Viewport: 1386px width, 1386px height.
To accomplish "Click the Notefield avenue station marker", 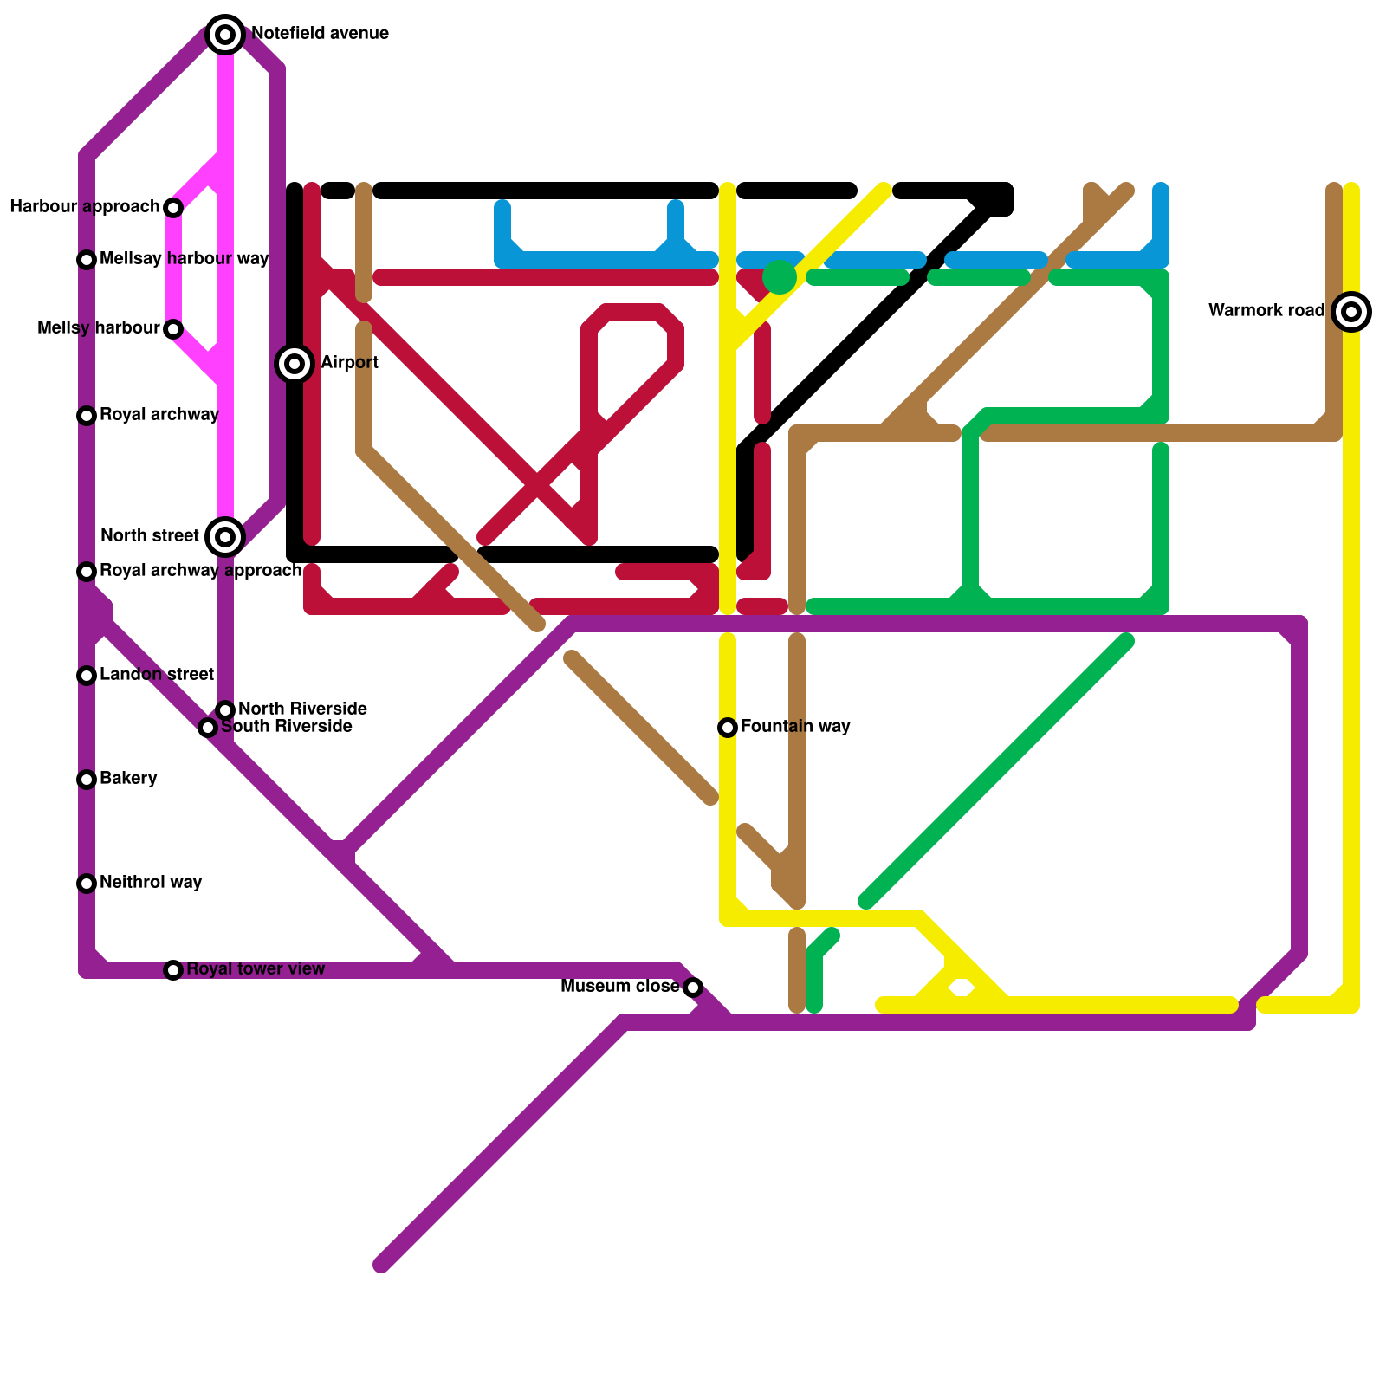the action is (225, 35).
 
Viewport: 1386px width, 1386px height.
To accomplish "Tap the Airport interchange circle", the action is (295, 364).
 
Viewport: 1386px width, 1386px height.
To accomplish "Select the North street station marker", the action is (225, 537).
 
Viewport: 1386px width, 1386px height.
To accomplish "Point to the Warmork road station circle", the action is (1351, 312).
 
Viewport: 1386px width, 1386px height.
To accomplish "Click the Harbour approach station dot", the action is (173, 208).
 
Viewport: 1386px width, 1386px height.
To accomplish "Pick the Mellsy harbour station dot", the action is (173, 329).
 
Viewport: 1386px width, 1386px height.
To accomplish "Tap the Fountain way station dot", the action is (728, 728).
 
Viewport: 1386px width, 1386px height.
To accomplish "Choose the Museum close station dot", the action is (693, 988).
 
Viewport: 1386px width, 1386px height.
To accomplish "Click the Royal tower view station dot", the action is (173, 970).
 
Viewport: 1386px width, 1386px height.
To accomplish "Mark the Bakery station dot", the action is (87, 780).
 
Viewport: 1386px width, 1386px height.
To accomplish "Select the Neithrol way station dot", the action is (87, 884).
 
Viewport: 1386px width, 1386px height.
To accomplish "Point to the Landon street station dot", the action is (87, 676).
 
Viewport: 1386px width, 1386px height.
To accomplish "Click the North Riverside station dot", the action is (225, 710).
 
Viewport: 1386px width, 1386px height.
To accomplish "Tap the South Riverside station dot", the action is (208, 728).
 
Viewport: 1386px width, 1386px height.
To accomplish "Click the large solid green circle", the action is (780, 277).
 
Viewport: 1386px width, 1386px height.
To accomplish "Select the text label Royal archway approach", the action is (200, 571).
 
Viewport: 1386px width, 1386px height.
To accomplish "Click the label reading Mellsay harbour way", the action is (184, 259).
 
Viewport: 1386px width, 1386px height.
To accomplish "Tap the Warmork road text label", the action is (1266, 311).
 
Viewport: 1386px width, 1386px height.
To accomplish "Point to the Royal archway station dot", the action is (87, 416).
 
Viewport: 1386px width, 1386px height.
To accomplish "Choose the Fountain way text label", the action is (795, 727).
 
